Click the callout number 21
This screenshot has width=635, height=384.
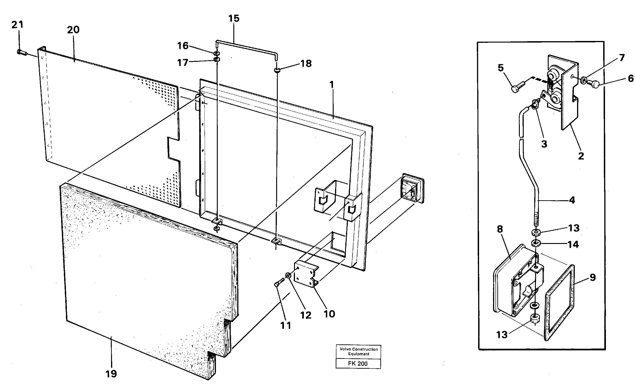pyautogui.click(x=17, y=25)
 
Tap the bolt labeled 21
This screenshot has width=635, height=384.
pyautogui.click(x=22, y=52)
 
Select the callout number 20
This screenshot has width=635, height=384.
pyautogui.click(x=73, y=30)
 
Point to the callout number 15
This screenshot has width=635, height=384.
pyautogui.click(x=234, y=19)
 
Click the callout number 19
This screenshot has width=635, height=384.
pyautogui.click(x=111, y=373)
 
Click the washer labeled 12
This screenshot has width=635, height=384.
pyautogui.click(x=288, y=276)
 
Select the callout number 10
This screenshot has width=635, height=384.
pyautogui.click(x=329, y=314)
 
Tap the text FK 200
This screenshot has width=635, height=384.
pyautogui.click(x=358, y=363)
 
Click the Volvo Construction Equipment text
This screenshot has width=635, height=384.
pyautogui.click(x=358, y=352)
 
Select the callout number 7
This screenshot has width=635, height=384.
pyautogui.click(x=622, y=58)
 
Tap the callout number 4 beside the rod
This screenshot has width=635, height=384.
pyautogui.click(x=572, y=200)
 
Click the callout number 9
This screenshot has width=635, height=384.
pyautogui.click(x=592, y=277)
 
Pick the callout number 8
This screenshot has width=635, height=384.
pyautogui.click(x=500, y=229)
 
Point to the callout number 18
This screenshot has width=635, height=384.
pyautogui.click(x=306, y=63)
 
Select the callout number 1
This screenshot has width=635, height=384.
pyautogui.click(x=331, y=84)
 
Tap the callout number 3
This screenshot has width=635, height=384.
pyautogui.click(x=544, y=144)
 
